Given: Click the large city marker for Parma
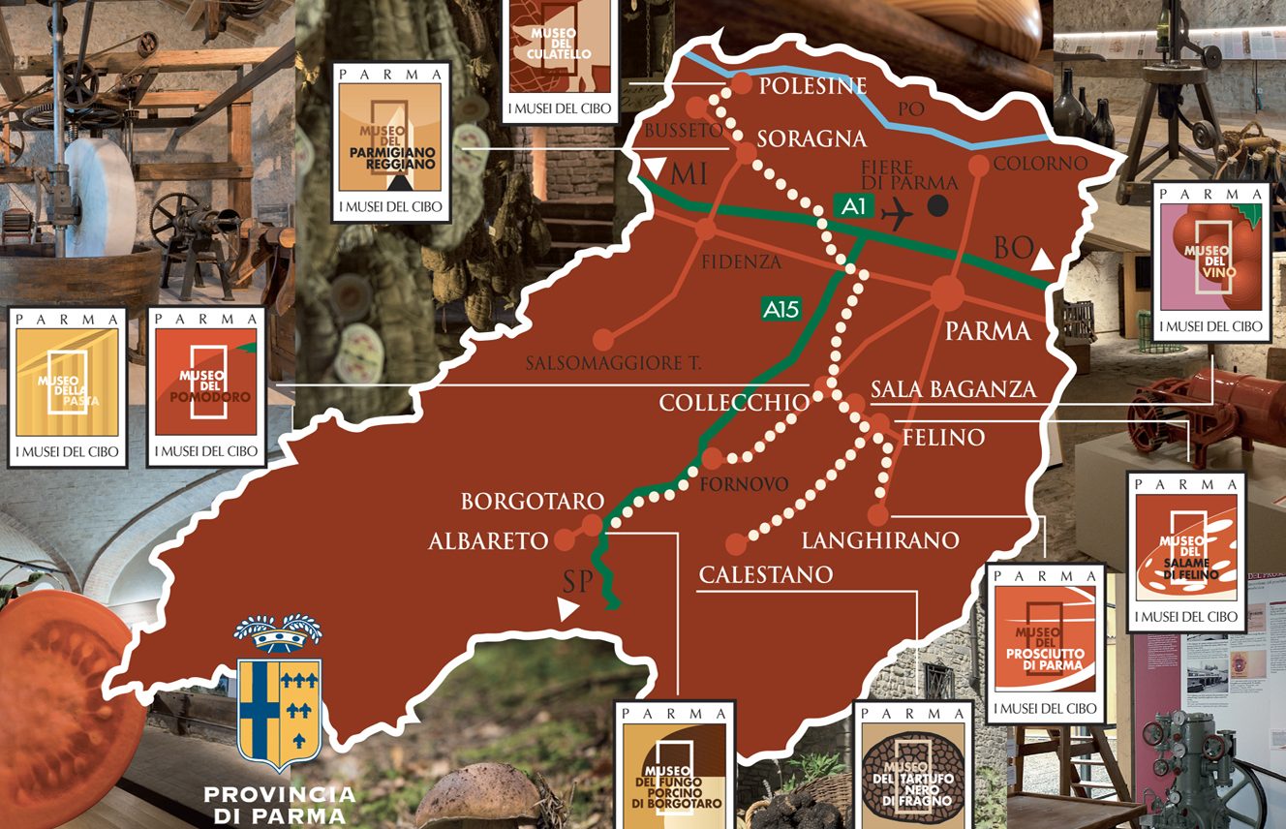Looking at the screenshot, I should [947, 293].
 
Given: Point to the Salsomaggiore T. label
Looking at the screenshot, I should [614, 364].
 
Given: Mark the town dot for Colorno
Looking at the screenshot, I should [978, 165].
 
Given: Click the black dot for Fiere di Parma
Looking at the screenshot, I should [936, 205].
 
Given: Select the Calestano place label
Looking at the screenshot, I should [765, 575].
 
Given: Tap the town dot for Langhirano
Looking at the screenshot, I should [877, 514].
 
